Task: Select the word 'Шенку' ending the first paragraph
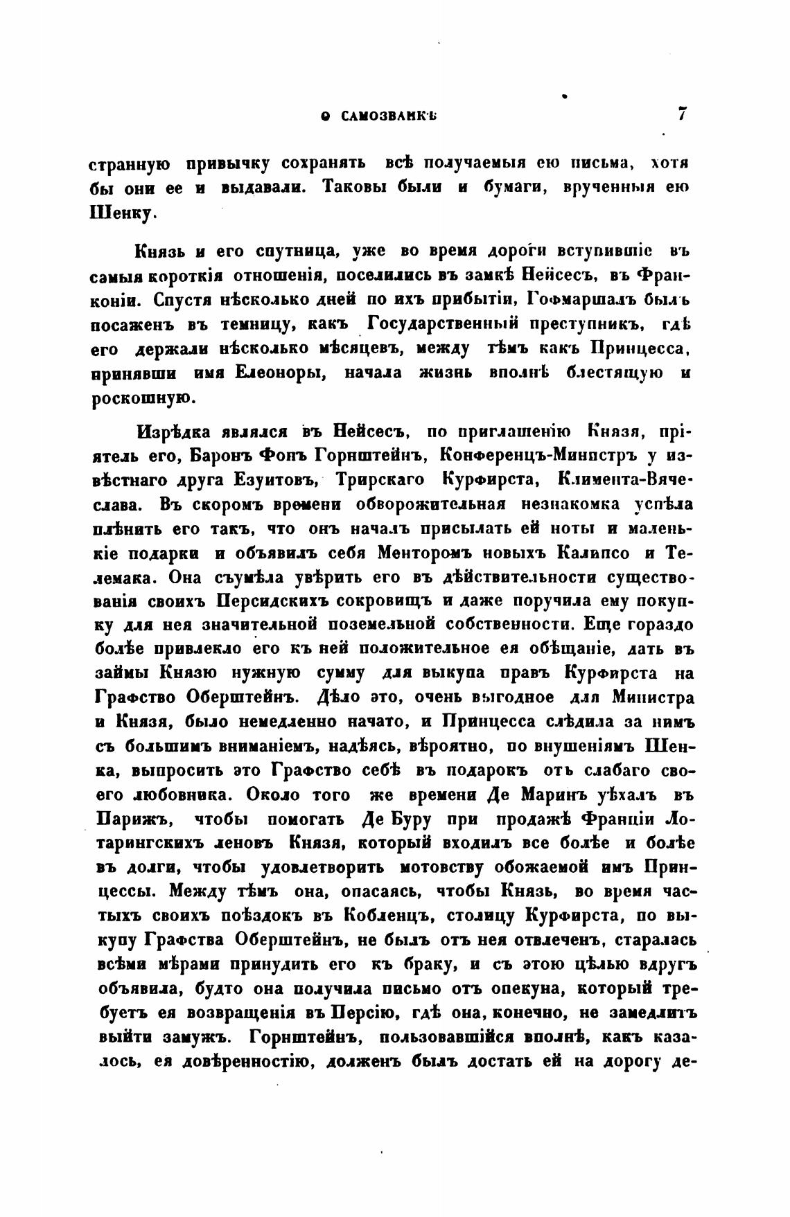(x=122, y=213)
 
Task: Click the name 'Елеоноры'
(x=277, y=374)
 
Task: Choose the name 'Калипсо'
(x=588, y=554)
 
